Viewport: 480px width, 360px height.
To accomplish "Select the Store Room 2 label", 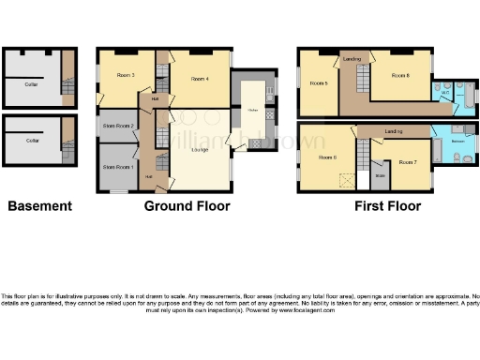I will (x=120, y=126).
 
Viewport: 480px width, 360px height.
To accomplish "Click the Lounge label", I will (x=200, y=149).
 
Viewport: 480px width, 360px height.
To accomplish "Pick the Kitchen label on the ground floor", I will (x=252, y=111).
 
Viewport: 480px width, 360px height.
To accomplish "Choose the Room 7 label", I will (x=407, y=162).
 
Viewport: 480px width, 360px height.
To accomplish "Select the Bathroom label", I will (x=455, y=140).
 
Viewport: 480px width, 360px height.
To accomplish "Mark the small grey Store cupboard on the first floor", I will (x=380, y=174).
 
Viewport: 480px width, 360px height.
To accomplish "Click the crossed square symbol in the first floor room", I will (x=346, y=181).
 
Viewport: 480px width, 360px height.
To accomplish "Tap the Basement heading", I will (x=39, y=206).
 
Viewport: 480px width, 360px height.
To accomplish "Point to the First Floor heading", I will (x=387, y=206).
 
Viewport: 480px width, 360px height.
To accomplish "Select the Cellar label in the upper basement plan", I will (x=32, y=83).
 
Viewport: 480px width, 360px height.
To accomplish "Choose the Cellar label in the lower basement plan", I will (x=32, y=141).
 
